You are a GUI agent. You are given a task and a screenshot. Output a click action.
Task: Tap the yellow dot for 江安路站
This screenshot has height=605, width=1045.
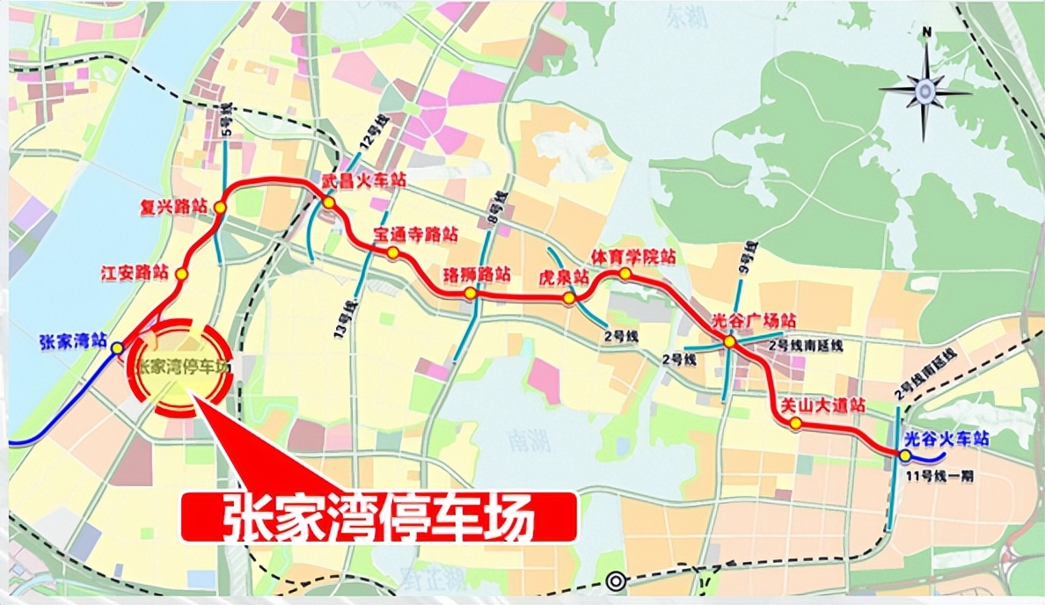[x=181, y=274]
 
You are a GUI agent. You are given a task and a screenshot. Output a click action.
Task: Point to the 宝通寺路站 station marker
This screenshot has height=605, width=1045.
[x=393, y=253]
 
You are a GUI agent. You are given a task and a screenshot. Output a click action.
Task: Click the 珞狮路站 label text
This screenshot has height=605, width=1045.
[x=479, y=273]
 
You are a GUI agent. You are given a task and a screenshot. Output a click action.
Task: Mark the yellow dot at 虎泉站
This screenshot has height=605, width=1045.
[x=569, y=298]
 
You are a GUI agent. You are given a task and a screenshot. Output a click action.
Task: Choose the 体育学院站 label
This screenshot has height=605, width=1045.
[x=633, y=256]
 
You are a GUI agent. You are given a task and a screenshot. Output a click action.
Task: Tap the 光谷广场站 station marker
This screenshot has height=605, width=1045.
[x=730, y=341]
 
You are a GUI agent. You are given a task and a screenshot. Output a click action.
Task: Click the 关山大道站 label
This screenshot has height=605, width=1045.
[x=823, y=406]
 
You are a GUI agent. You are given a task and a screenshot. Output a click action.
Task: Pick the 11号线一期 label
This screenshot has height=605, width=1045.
[x=932, y=477]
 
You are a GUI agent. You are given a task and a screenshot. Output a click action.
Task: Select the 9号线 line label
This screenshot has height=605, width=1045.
[x=745, y=254]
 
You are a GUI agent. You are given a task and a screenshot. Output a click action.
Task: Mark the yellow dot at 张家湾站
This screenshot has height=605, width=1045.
[x=118, y=348]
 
